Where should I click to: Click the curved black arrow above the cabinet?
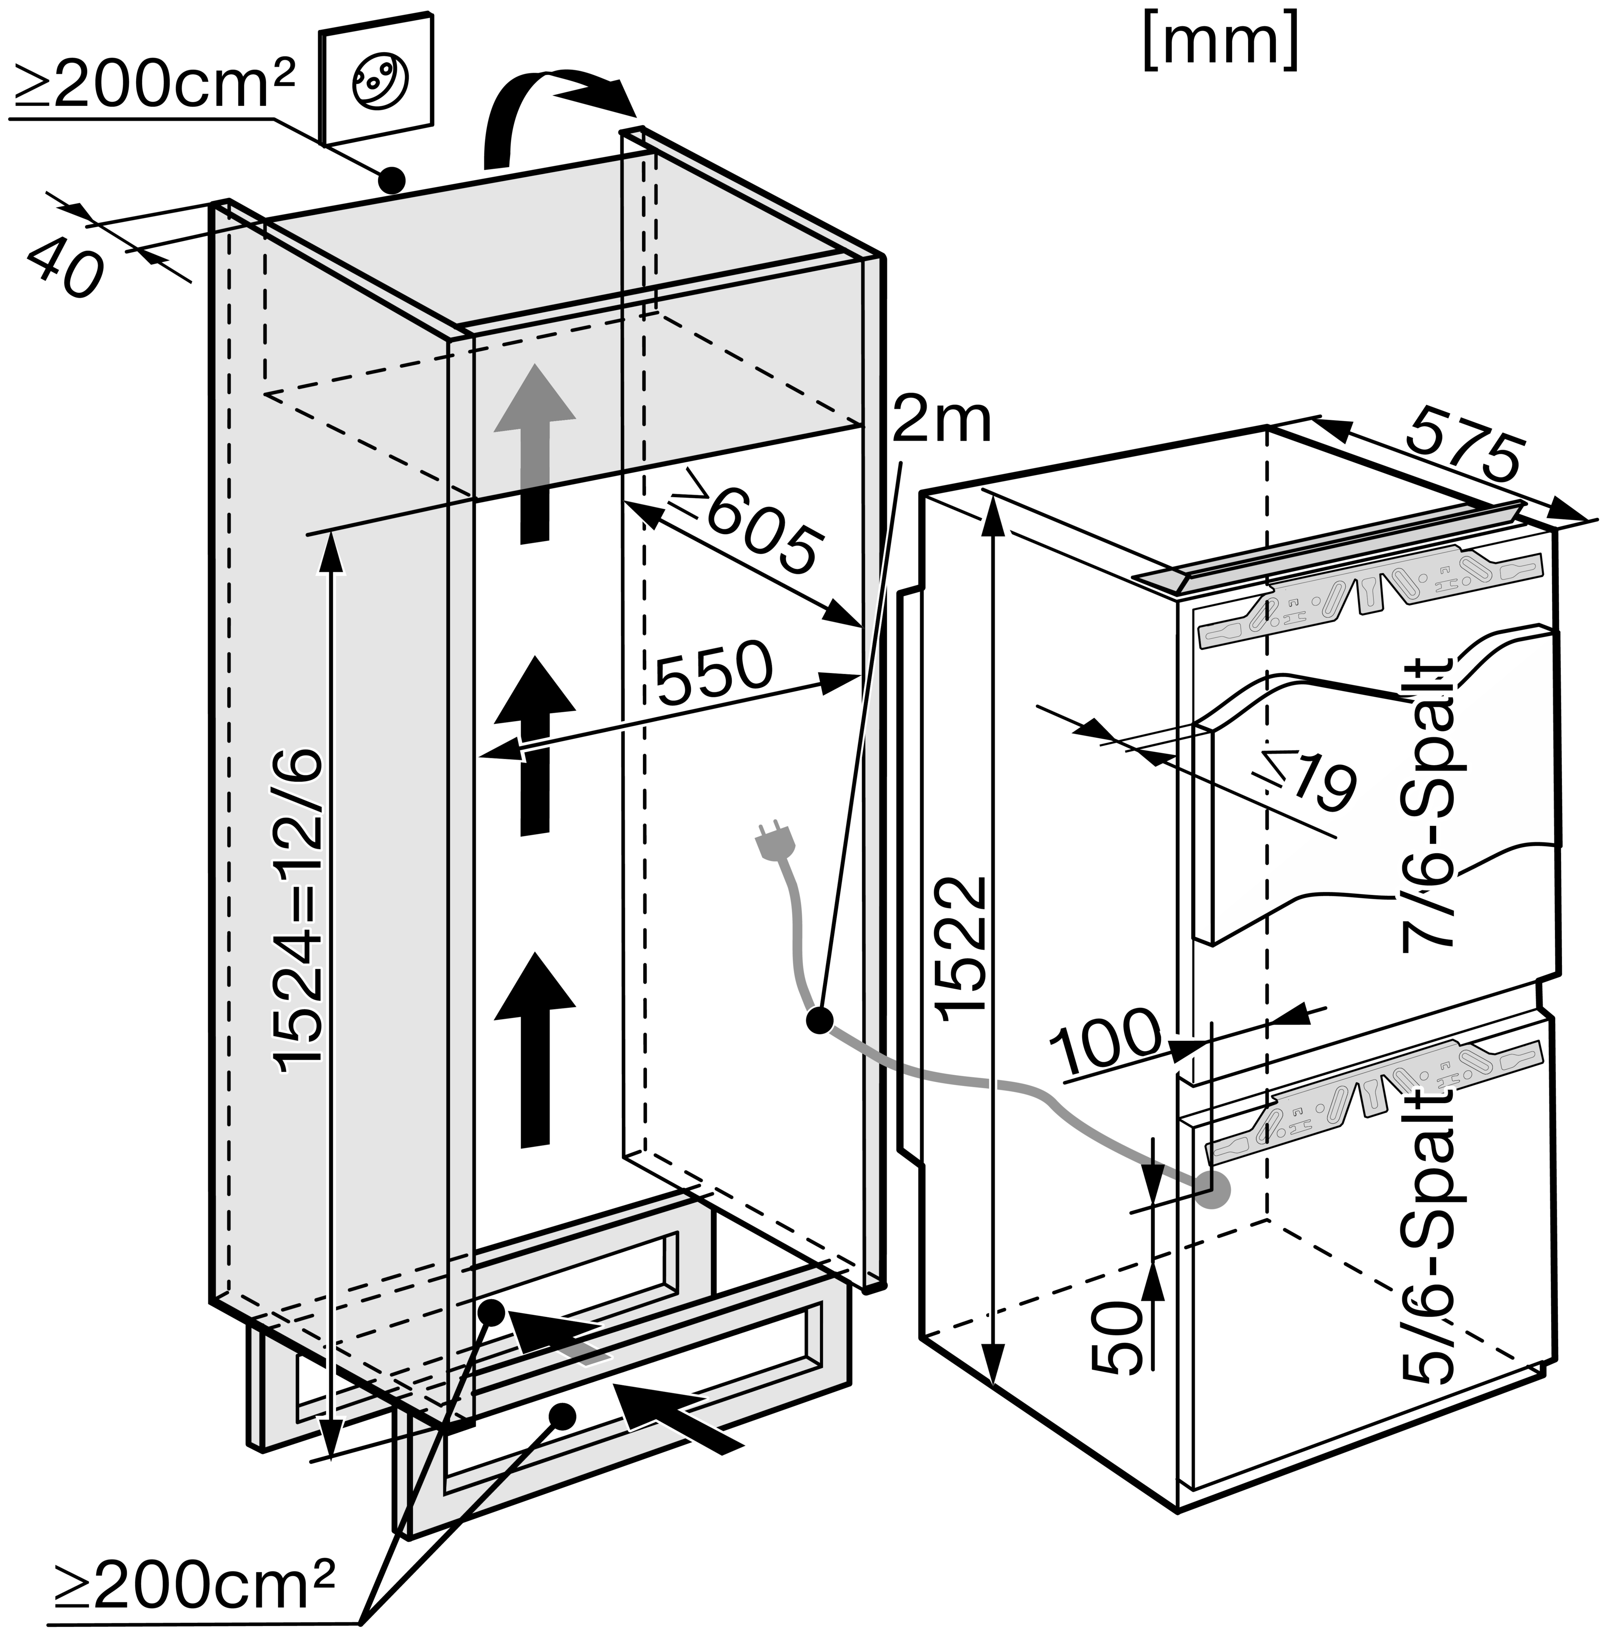click(548, 114)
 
